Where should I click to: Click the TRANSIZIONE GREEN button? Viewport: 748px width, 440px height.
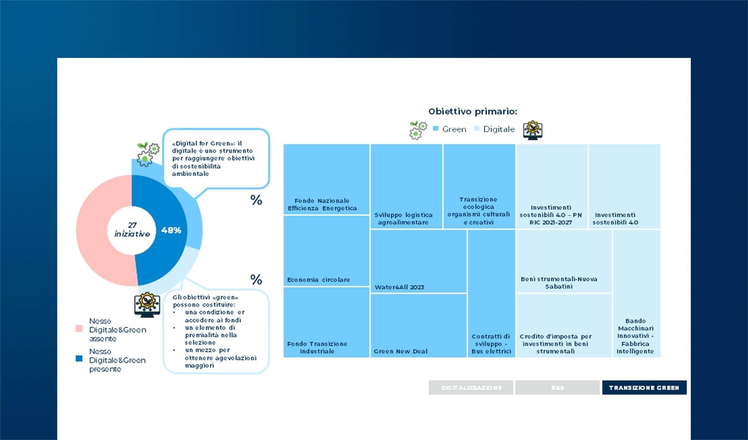(644, 388)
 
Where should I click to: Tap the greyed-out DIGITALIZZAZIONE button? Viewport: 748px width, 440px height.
(471, 388)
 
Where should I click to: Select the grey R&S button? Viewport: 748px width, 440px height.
(557, 388)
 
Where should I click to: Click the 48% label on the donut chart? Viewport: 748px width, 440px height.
(171, 230)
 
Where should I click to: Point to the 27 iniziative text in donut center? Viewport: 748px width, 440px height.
(132, 230)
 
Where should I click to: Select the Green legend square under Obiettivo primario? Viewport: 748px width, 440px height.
(436, 129)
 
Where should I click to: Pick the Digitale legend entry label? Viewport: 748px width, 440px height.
(499, 129)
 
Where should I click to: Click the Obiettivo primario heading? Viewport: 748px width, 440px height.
(473, 111)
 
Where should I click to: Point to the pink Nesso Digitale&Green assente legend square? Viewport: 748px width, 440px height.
(79, 329)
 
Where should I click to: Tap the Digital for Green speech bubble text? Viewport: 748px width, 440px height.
(213, 158)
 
